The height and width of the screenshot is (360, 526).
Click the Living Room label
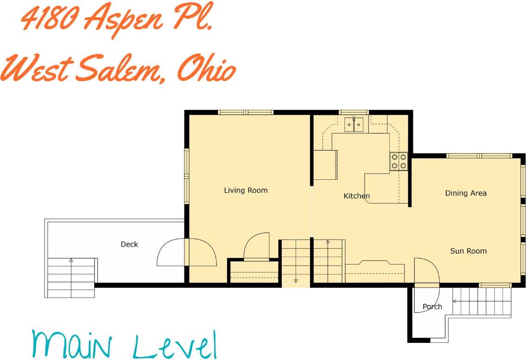point(246,190)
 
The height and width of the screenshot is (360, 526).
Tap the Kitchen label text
point(356,196)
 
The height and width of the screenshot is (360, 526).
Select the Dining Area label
point(466,193)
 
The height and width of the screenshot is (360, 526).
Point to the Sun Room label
point(468,251)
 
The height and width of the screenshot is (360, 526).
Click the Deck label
point(129,244)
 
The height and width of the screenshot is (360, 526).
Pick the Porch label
point(432,306)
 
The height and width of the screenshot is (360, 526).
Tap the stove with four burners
point(399,161)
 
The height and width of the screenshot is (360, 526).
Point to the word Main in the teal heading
point(72,345)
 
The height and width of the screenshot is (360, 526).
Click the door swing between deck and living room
point(187,252)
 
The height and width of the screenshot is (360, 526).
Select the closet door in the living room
point(257,246)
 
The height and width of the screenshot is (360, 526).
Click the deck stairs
point(71,277)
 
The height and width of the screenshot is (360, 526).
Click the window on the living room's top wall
point(246,112)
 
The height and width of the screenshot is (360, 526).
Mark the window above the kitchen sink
point(354,112)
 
